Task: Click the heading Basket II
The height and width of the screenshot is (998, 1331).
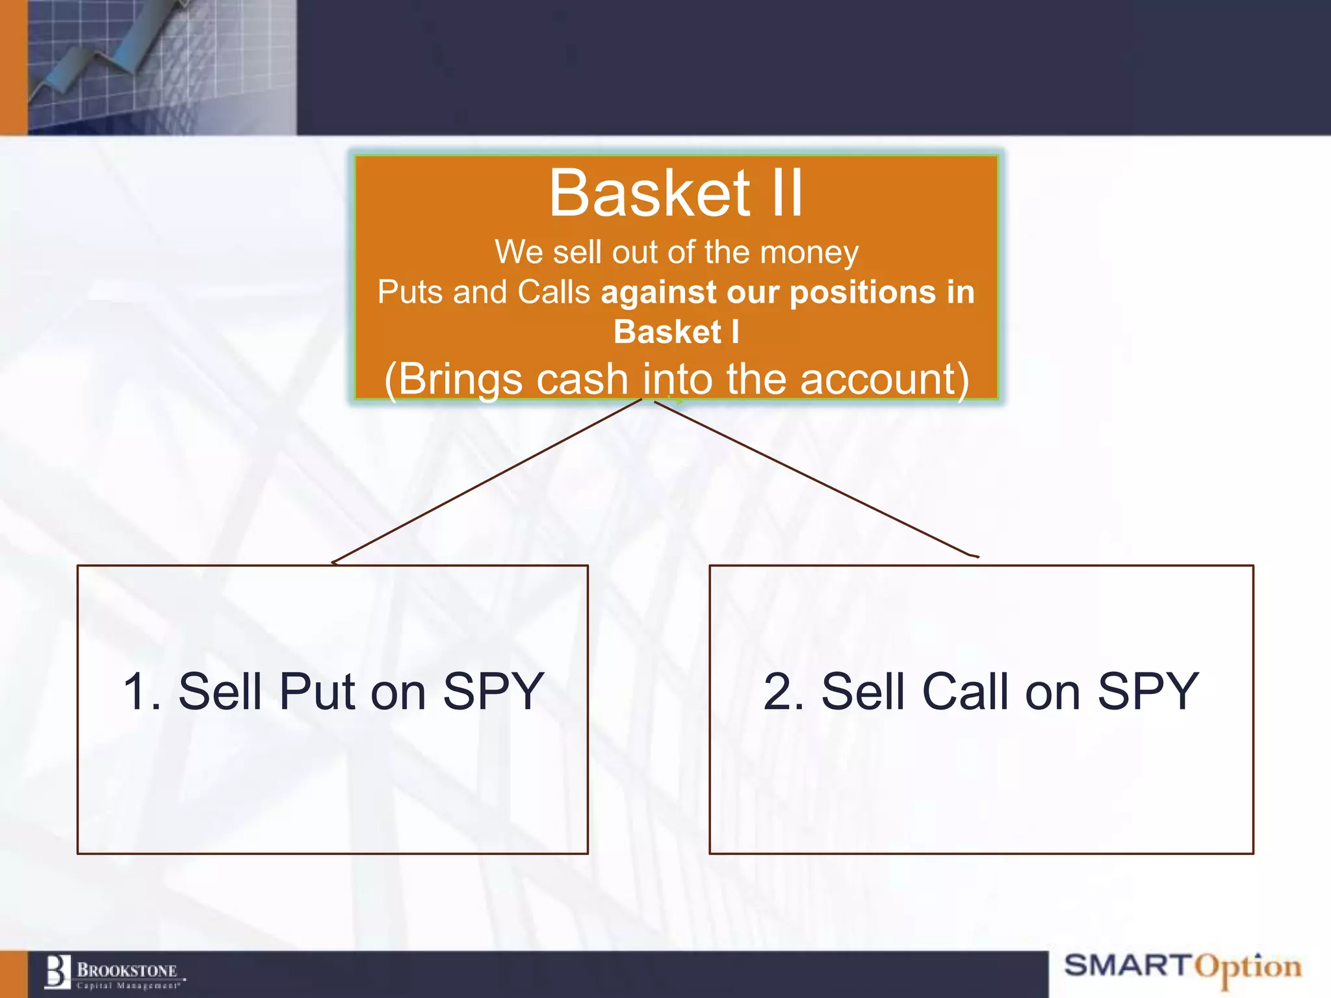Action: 676,194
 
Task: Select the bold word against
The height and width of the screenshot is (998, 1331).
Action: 659,292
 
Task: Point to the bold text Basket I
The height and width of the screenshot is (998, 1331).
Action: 676,332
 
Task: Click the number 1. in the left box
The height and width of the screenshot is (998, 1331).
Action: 142,691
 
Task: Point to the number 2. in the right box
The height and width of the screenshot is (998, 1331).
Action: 784,691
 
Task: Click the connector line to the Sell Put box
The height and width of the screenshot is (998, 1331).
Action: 487,481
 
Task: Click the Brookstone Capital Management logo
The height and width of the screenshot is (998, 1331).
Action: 114,973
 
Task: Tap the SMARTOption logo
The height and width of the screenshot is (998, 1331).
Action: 1183,967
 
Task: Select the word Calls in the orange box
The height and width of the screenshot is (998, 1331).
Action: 553,292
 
